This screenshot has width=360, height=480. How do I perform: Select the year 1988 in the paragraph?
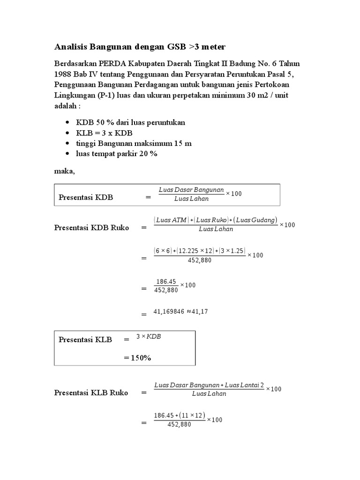click(63, 74)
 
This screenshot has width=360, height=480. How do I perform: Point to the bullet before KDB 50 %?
click(68, 123)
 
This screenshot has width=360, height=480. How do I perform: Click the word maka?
click(64, 171)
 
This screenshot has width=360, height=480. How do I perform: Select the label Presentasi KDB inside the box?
click(86, 197)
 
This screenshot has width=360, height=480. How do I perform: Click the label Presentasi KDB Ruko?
click(91, 228)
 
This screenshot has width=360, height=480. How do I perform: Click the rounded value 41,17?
click(202, 311)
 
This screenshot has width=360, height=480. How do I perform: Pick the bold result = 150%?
click(137, 358)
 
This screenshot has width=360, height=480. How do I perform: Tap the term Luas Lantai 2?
click(244, 385)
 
